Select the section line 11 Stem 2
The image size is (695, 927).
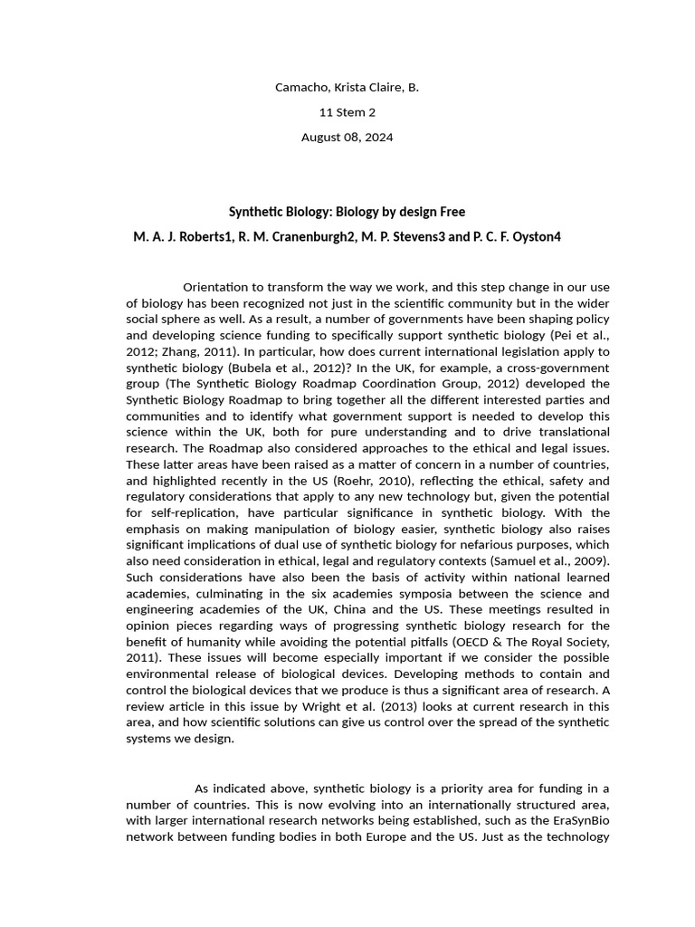pos(347,112)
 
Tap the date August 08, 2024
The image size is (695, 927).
pos(347,138)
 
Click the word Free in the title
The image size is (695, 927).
pos(452,212)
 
